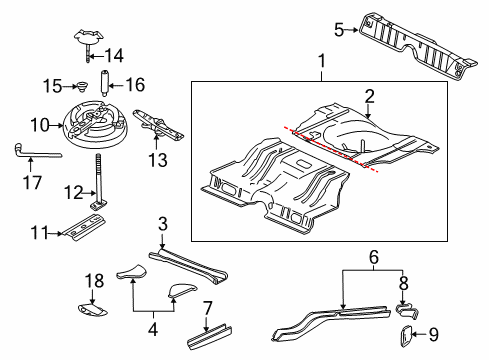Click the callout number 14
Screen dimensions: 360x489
point(116,55)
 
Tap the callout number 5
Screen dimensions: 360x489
point(338,29)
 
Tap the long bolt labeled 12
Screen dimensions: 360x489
point(100,183)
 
